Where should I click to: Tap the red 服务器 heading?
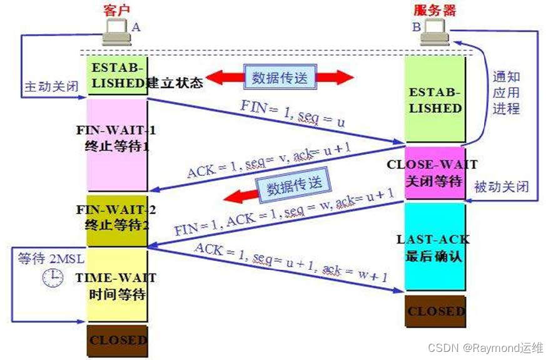(x=435, y=10)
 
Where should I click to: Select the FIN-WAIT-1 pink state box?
(x=116, y=144)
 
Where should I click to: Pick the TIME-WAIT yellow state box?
(x=116, y=285)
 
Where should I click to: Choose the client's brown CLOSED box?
(x=116, y=341)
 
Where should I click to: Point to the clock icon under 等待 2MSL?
(x=53, y=277)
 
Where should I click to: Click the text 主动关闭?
(x=51, y=86)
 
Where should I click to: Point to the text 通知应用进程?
(x=507, y=93)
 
